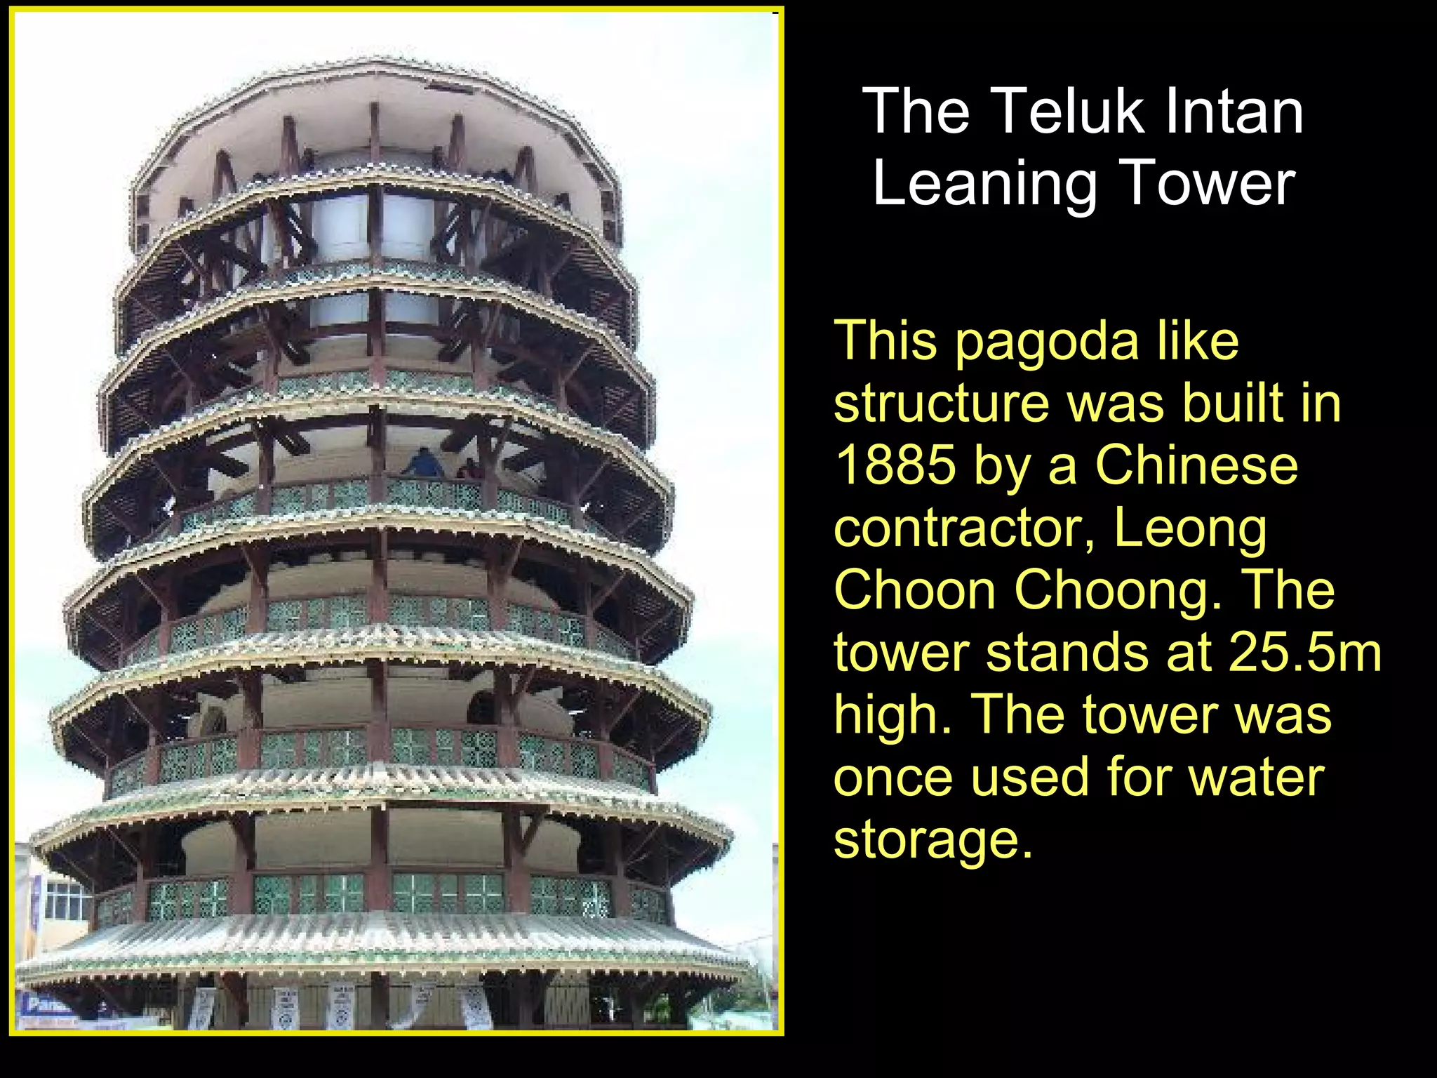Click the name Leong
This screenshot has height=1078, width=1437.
tap(1190, 528)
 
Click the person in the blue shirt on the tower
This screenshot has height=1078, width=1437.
tap(424, 463)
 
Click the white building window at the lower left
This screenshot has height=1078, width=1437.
tap(67, 901)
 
